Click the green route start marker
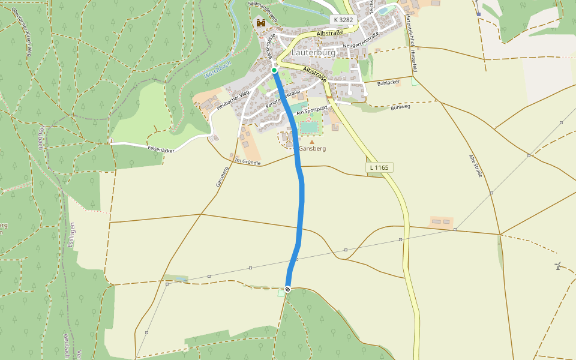[274, 71]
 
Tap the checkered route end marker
[288, 289]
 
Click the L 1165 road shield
[379, 167]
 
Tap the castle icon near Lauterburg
[260, 23]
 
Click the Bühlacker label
[388, 82]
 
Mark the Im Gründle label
[247, 161]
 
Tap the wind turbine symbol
[558, 266]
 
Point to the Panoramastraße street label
[283, 98]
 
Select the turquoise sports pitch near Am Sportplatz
[309, 127]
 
